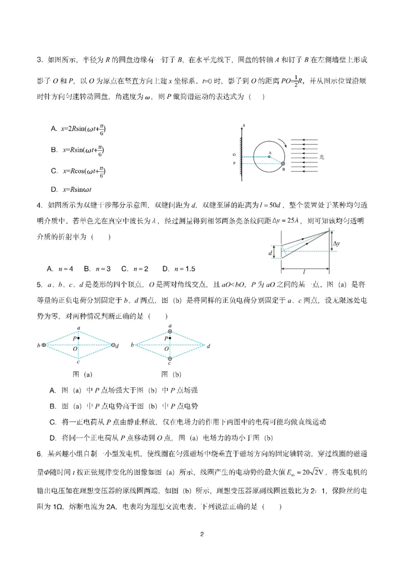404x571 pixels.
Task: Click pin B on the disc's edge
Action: click(x=283, y=164)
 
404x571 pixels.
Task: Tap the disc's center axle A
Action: click(x=270, y=156)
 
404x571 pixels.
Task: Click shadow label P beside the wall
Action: click(x=234, y=163)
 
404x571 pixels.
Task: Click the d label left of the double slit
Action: click(x=271, y=252)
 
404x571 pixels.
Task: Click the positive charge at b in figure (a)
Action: click(x=44, y=345)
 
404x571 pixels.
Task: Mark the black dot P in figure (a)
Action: click(x=79, y=338)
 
